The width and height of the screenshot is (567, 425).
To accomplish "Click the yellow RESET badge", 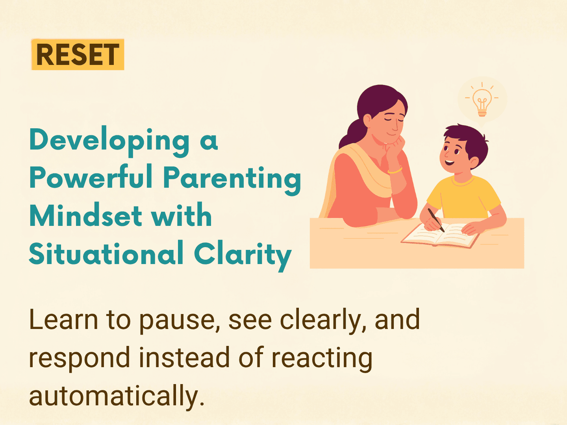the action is tap(78, 54).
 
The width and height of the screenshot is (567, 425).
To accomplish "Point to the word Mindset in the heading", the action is tap(86, 215).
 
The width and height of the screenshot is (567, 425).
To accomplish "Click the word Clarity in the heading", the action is tap(243, 255).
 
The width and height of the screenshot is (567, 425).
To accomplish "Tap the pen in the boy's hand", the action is tap(436, 220).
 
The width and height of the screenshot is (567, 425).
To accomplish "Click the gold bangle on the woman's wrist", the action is tap(395, 170).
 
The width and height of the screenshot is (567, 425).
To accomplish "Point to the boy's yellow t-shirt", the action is tap(463, 197).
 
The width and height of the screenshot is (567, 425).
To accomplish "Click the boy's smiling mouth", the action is tap(450, 163).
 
